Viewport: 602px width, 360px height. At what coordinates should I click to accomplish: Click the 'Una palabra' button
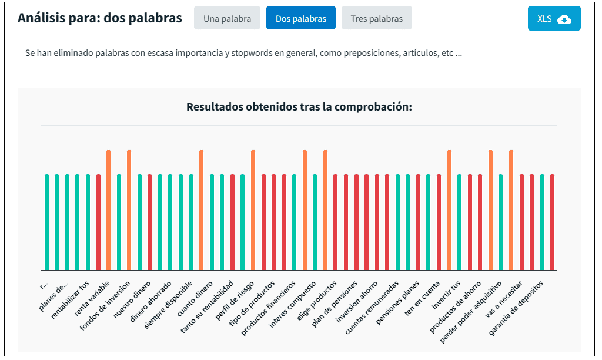[227, 18]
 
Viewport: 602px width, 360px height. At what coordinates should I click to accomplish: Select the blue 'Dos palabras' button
[300, 18]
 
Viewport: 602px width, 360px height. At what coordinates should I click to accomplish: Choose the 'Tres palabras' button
[376, 18]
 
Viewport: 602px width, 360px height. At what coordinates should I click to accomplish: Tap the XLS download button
[554, 18]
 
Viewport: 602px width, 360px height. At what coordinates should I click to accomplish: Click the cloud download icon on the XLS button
[564, 19]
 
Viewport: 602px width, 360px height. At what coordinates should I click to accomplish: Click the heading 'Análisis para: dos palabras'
[99, 18]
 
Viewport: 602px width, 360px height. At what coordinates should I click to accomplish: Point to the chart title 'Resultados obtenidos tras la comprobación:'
[299, 107]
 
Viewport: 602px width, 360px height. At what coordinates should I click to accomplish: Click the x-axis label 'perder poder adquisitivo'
[471, 306]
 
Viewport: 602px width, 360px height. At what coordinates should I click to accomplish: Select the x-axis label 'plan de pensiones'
[335, 305]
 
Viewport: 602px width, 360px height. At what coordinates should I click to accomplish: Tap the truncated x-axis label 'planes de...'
[55, 295]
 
